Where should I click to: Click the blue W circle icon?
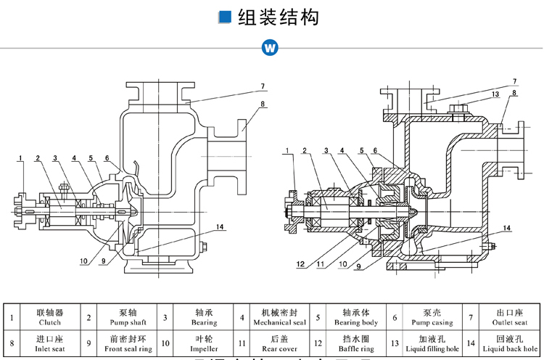[271, 47]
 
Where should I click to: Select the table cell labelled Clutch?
[49, 317]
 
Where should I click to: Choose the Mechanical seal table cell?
[279, 317]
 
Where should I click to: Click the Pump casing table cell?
[432, 317]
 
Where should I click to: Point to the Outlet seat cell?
[509, 317]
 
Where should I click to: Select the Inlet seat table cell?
[49, 343]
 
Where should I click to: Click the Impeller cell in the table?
[204, 343]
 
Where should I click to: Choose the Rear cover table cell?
[279, 343]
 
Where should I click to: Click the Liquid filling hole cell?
[432, 343]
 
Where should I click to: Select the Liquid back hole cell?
[509, 343]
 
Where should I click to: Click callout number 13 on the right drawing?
[495, 94]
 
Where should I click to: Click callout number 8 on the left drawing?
[263, 104]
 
